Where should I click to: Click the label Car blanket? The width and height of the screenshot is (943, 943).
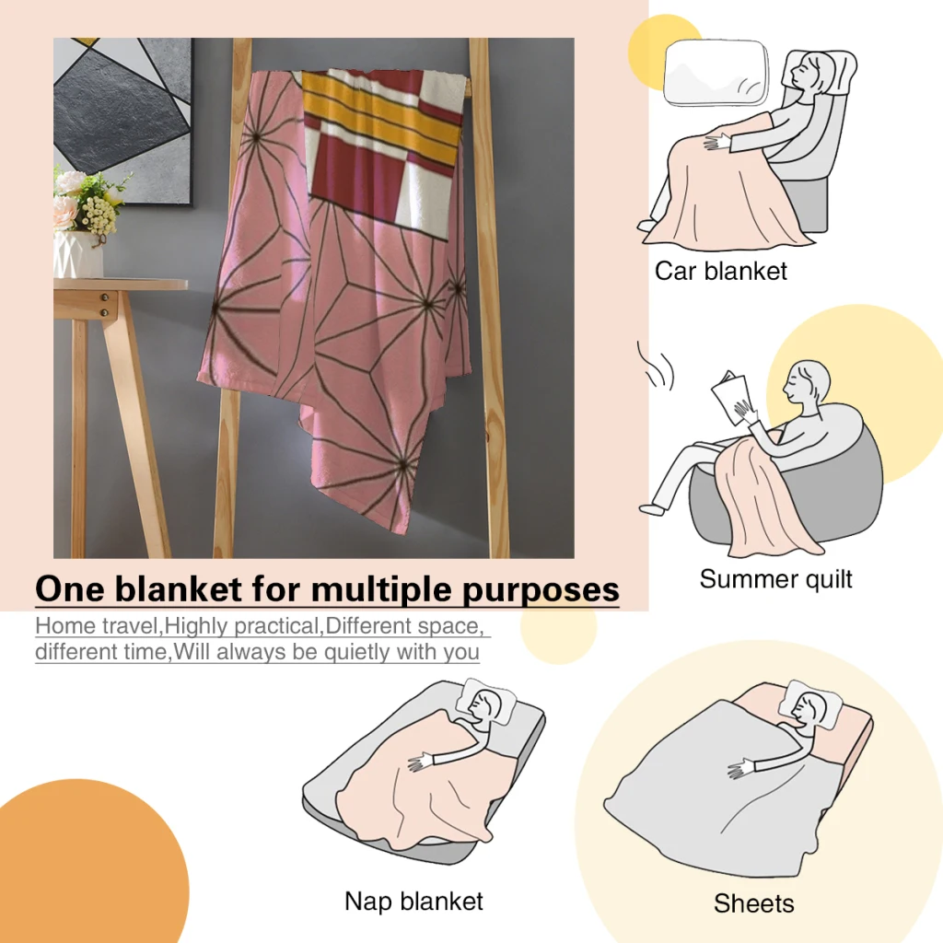(720, 272)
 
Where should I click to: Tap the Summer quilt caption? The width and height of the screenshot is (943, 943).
(775, 579)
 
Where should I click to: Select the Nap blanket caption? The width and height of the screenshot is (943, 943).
(413, 902)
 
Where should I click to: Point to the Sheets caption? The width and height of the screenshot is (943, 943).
(753, 903)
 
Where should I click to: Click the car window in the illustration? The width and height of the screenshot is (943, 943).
(716, 72)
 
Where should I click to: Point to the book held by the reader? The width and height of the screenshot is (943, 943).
(730, 397)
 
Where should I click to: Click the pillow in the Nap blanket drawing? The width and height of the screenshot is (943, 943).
(486, 702)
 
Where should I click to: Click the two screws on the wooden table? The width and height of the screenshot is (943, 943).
(105, 305)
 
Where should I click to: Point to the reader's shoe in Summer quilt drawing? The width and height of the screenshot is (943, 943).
(651, 508)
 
